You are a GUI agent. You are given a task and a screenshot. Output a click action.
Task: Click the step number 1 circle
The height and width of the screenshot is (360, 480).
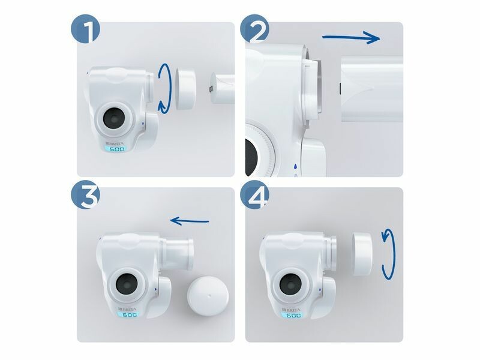pyautogui.click(x=86, y=29)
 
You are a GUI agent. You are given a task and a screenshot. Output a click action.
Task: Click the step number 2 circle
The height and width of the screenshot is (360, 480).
pyautogui.click(x=254, y=29)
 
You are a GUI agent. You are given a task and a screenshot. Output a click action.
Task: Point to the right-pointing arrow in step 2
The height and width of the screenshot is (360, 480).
pyautogui.click(x=352, y=38)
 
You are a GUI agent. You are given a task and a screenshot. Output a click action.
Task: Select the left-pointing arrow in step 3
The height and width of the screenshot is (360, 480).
pyautogui.click(x=190, y=221)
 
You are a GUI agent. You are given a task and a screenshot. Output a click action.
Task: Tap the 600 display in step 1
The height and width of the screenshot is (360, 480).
pyautogui.click(x=116, y=149)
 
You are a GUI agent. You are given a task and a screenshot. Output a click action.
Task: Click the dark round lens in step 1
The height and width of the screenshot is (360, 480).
pyautogui.click(x=114, y=118)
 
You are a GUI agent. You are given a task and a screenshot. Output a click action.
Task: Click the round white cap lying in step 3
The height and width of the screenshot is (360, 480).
pyautogui.click(x=208, y=296)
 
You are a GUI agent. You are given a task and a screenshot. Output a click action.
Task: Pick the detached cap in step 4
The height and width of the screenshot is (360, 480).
pyautogui.click(x=362, y=253)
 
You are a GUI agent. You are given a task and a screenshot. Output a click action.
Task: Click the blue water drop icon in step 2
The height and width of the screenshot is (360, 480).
pyautogui.click(x=295, y=167)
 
